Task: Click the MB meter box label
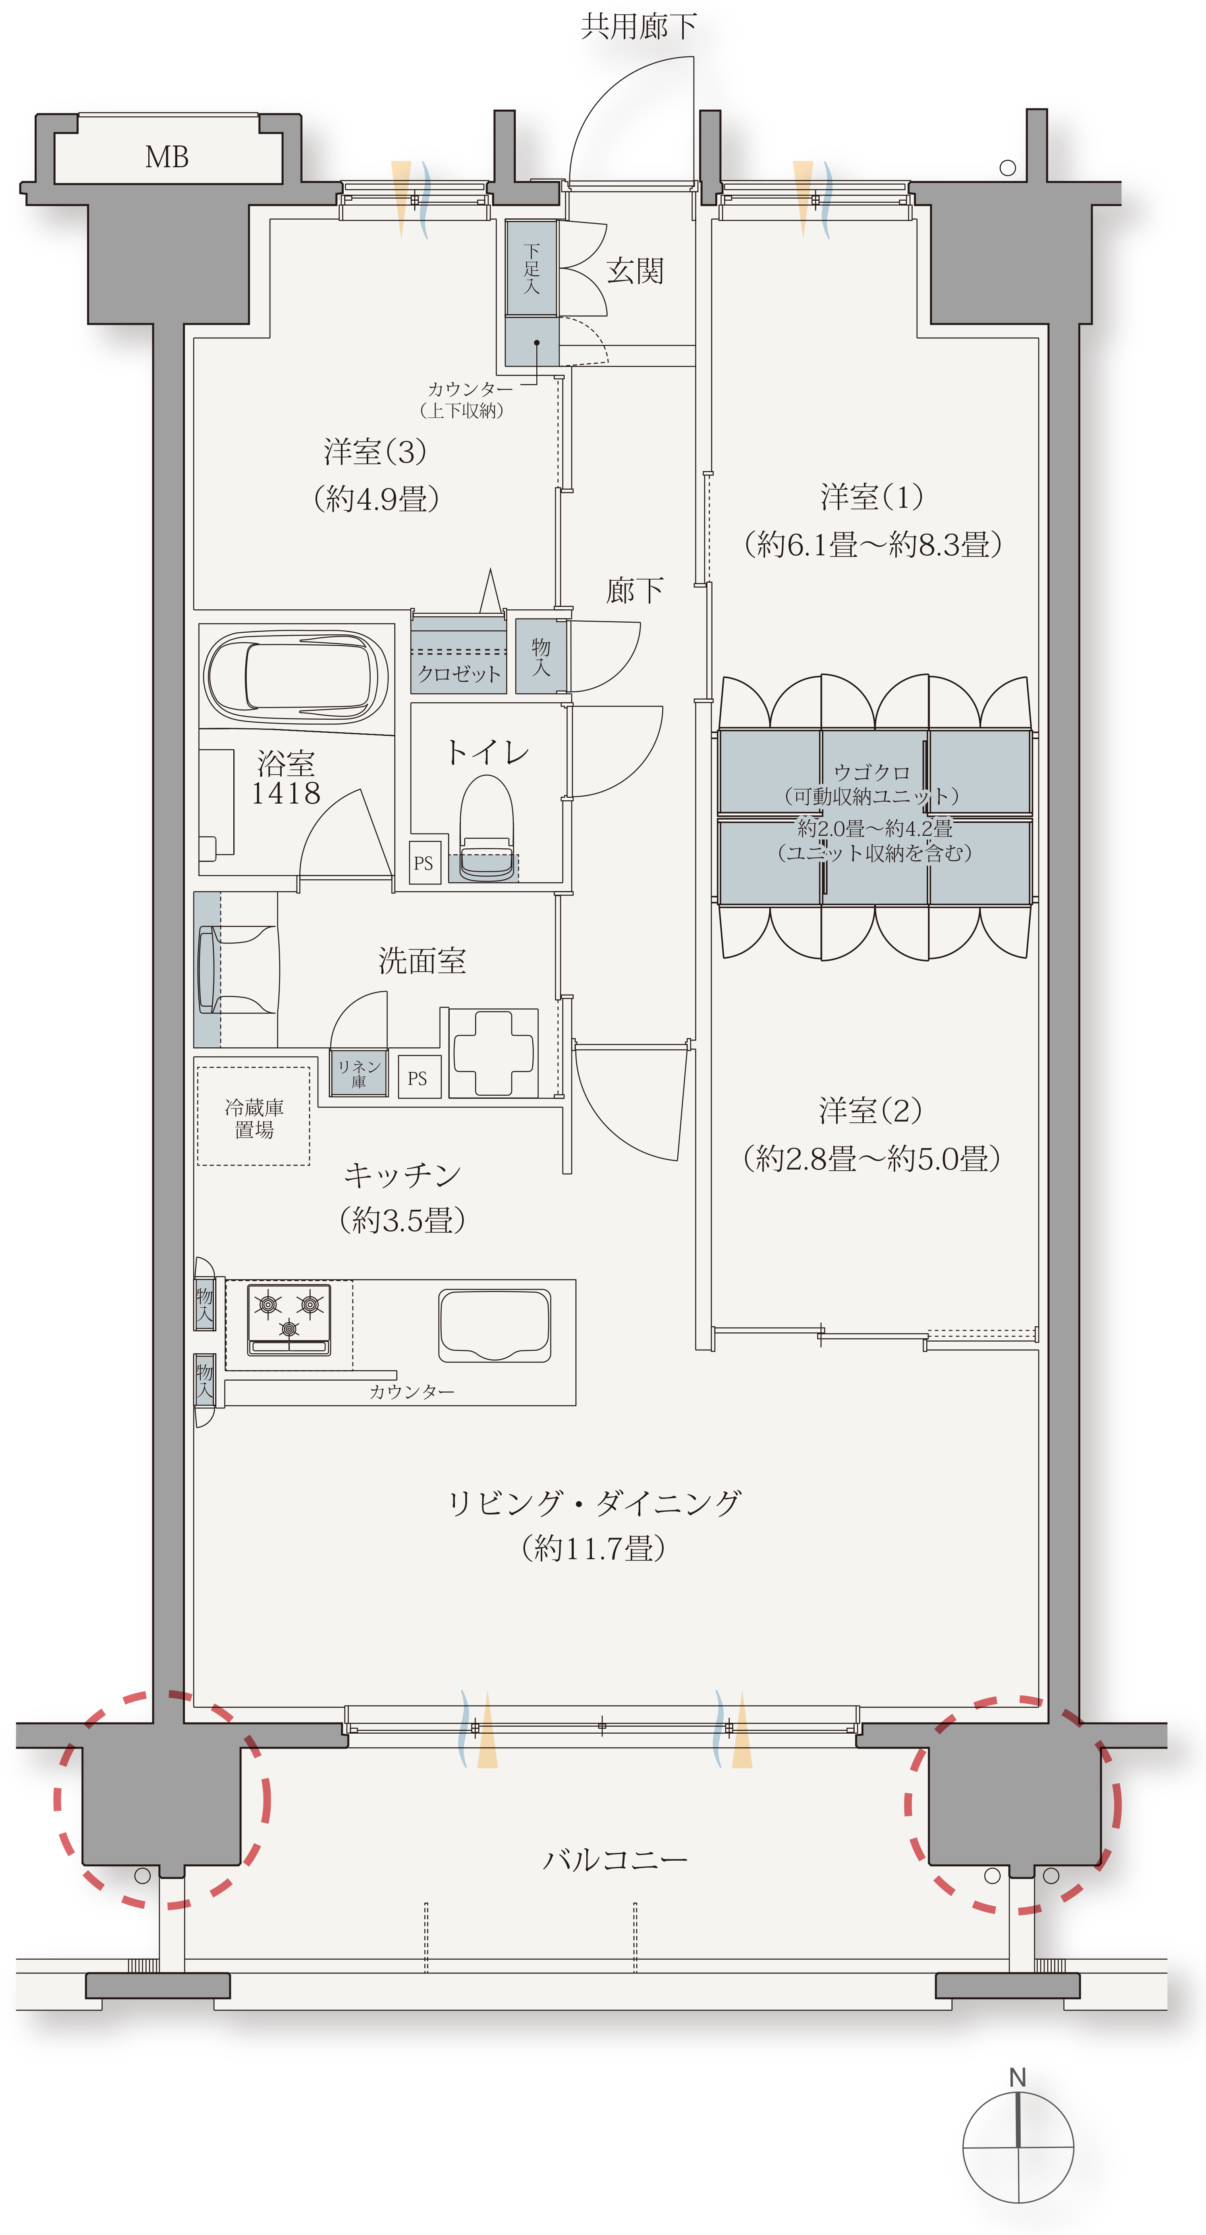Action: (x=166, y=157)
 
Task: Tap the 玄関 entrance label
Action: (x=635, y=272)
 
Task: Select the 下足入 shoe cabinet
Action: (x=532, y=269)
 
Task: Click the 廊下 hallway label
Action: (x=634, y=591)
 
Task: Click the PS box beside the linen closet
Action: (x=418, y=1078)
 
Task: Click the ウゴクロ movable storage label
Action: (x=872, y=771)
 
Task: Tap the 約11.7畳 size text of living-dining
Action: (x=594, y=1549)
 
